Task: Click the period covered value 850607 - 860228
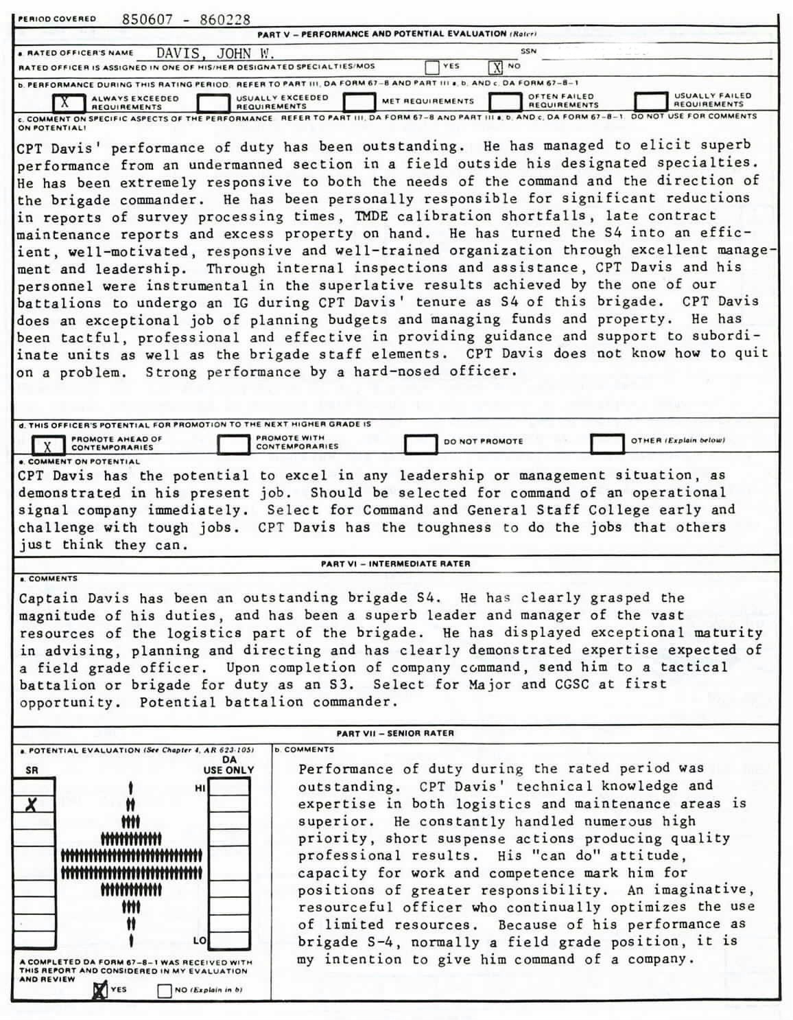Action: [x=186, y=19]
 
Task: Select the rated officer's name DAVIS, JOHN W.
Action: [x=215, y=54]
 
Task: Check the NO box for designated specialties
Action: [x=495, y=67]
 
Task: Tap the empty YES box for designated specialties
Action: [x=432, y=67]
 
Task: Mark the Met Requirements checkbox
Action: [x=359, y=102]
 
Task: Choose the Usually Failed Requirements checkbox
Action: [x=651, y=101]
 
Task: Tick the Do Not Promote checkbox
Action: [x=421, y=443]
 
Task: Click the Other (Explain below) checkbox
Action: [x=606, y=443]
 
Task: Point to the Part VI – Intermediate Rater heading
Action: [x=395, y=564]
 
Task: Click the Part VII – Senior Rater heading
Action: [x=395, y=733]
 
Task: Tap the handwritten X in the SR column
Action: [x=31, y=804]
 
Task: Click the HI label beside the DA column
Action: [x=200, y=789]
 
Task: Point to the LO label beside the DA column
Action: [x=200, y=940]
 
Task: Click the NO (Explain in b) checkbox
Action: [x=164, y=990]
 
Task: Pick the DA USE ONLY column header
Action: [x=229, y=765]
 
